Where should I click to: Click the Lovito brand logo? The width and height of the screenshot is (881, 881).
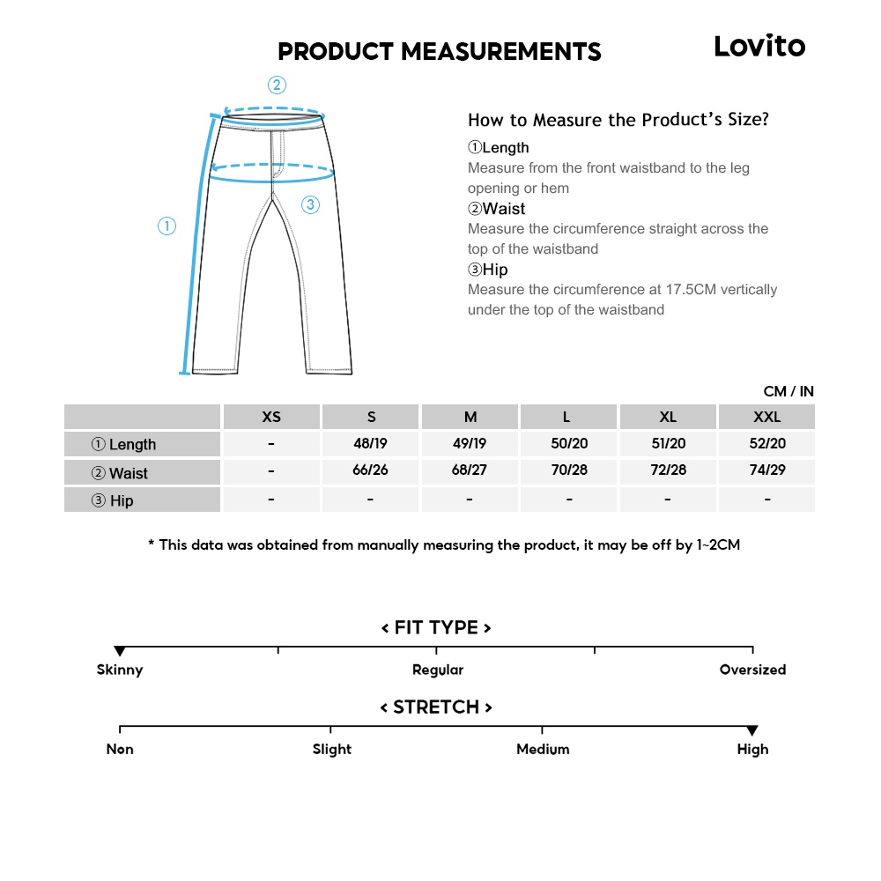(759, 46)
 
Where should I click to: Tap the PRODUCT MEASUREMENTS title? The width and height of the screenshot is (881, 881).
(439, 52)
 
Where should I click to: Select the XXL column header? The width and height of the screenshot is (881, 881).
(766, 417)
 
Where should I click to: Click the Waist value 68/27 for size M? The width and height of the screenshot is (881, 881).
(470, 470)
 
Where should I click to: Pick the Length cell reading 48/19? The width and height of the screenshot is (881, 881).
(370, 443)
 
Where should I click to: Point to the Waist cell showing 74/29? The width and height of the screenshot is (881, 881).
(767, 470)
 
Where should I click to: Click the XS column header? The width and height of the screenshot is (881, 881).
(271, 417)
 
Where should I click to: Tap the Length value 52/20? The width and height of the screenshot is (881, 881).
(767, 443)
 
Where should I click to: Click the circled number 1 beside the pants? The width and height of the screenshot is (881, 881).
(167, 226)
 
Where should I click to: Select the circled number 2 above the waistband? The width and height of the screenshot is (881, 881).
(277, 85)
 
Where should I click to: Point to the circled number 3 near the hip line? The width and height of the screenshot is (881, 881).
(309, 205)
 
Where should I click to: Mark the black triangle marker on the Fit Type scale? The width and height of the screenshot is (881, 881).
(120, 652)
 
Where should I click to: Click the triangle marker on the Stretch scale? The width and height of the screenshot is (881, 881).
(752, 731)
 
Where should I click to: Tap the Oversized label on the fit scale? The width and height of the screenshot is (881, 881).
(752, 670)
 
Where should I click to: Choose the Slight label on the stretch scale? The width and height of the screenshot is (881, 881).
(331, 749)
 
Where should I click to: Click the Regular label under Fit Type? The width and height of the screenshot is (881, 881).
(438, 670)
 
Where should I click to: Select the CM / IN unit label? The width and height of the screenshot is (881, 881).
(788, 391)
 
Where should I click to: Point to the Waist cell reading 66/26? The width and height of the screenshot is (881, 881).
(370, 470)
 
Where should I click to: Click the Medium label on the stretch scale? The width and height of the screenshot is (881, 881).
(543, 749)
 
